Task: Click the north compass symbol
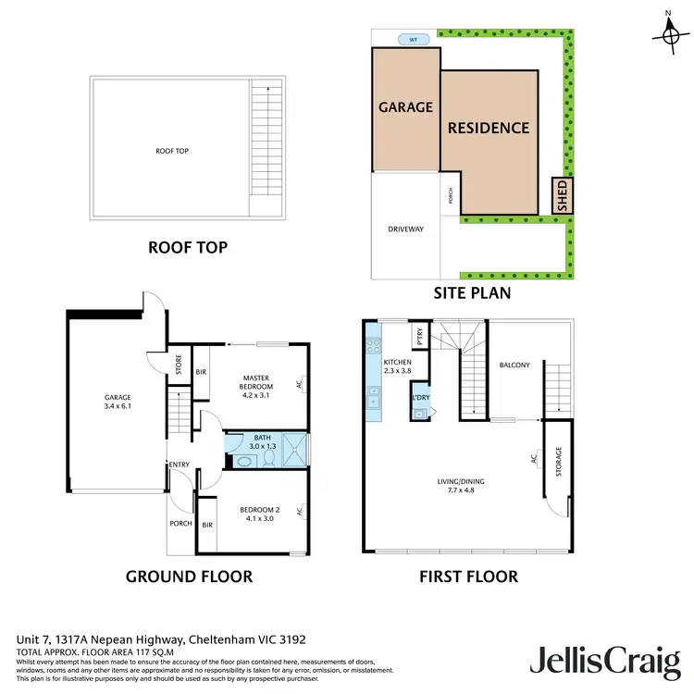click(x=667, y=33)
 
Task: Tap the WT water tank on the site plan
click(x=408, y=40)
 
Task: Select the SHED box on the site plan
click(x=561, y=196)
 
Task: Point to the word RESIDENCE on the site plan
click(x=489, y=129)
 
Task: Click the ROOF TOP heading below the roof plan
click(x=188, y=248)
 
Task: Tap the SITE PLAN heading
click(x=473, y=292)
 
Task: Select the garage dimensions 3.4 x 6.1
click(x=118, y=405)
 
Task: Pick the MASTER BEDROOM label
click(x=255, y=382)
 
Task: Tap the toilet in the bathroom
click(x=268, y=455)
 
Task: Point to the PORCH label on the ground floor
click(x=181, y=523)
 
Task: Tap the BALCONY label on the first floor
click(x=514, y=365)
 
